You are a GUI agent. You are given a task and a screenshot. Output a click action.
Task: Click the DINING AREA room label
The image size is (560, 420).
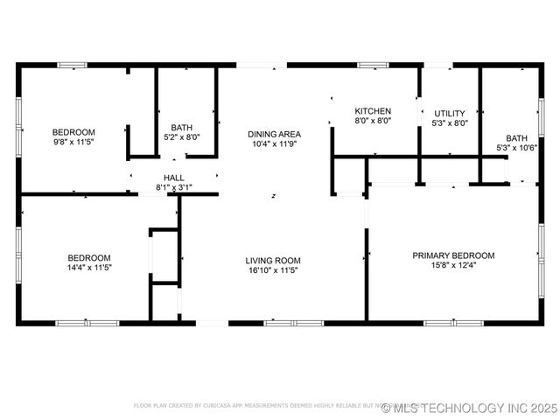click(x=274, y=134)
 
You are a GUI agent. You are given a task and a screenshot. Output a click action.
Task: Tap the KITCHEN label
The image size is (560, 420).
click(x=372, y=111)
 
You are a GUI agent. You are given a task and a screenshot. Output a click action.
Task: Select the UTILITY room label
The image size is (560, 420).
click(x=450, y=114)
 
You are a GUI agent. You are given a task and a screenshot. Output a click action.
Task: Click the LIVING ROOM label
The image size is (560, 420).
click(x=273, y=260)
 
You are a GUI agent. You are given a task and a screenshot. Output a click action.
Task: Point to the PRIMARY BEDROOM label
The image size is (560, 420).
click(x=453, y=255)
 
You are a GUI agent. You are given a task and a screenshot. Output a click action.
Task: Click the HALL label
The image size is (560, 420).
click(x=173, y=178)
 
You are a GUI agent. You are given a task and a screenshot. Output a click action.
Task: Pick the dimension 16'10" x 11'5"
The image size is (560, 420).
click(x=273, y=270)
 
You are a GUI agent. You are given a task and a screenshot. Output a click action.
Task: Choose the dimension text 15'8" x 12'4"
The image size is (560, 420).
click(x=453, y=266)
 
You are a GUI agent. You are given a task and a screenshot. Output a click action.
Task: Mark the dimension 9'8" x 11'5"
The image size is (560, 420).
click(x=73, y=143)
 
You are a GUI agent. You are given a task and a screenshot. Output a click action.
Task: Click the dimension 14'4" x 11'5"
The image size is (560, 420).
click(x=90, y=268)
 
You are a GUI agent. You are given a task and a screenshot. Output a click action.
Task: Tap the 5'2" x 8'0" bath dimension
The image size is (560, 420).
click(x=182, y=136)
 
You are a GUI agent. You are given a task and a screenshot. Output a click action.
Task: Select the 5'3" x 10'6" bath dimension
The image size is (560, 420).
click(x=516, y=148)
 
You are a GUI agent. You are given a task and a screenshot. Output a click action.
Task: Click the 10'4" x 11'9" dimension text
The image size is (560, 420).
click(x=274, y=144)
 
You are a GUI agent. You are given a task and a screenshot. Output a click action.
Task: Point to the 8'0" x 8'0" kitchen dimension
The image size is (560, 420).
click(x=372, y=122)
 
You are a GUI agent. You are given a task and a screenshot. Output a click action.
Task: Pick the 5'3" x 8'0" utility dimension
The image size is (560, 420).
click(x=450, y=124)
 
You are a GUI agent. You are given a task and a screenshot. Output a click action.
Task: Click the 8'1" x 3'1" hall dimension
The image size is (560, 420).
click(x=173, y=187)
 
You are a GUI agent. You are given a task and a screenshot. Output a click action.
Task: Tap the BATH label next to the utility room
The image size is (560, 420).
click(x=516, y=137)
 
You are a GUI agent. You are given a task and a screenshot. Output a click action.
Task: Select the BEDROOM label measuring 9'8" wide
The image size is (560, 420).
click(x=73, y=132)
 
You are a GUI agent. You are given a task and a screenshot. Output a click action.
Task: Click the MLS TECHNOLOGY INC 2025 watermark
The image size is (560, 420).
click(x=469, y=408)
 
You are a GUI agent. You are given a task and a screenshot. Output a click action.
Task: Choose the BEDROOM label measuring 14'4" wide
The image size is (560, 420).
click(x=90, y=257)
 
